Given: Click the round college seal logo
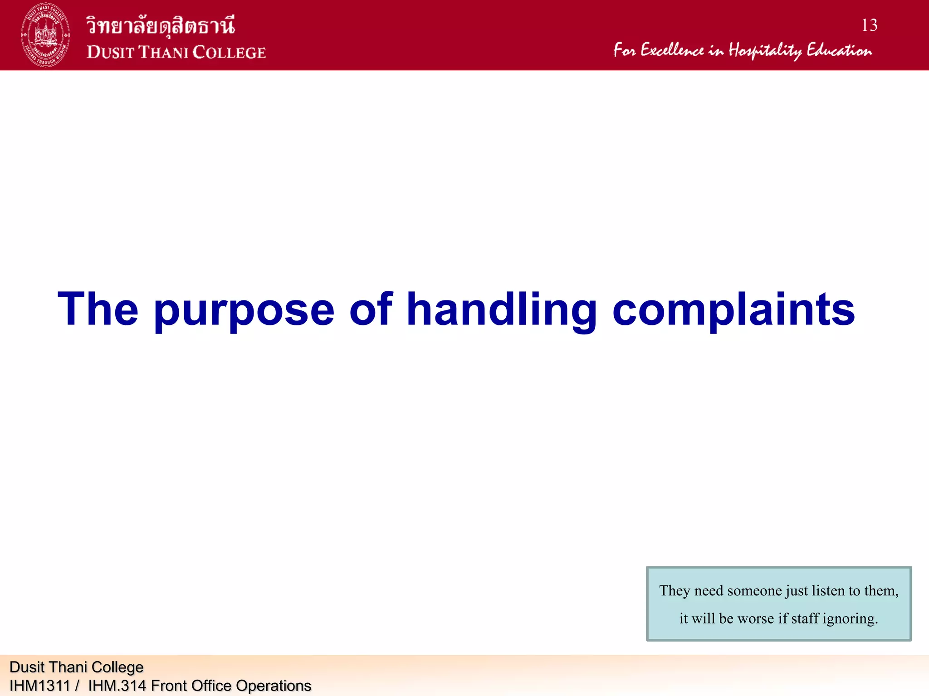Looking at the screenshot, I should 45,35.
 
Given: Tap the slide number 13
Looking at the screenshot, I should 869,25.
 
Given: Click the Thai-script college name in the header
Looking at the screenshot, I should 161,25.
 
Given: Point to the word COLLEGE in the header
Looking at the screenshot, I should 230,52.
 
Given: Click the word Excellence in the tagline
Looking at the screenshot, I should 672,50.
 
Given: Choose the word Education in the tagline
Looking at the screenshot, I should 839,50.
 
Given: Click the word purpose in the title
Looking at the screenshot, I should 244,310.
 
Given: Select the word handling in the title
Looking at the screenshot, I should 501,310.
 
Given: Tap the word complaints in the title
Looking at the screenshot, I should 733,310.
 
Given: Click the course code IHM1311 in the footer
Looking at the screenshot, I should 39,686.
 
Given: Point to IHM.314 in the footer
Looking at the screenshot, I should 117,686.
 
